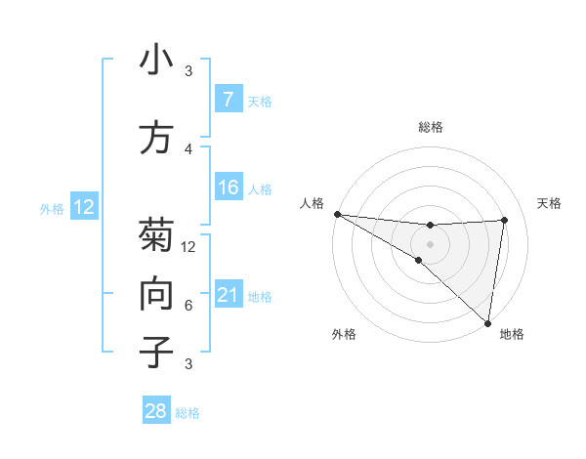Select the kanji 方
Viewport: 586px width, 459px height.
pos(156,139)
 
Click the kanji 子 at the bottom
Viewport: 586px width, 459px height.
pos(156,352)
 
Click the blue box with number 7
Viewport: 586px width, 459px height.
pos(228,99)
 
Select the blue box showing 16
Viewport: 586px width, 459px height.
pos(228,188)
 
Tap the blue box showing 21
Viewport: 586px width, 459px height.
pos(228,295)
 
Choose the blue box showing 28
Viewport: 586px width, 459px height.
pos(156,411)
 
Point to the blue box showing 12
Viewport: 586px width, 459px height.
pos(83,207)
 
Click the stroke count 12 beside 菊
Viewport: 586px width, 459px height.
pos(189,247)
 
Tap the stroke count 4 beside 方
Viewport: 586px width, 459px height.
pos(188,148)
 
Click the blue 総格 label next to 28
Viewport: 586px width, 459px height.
pos(188,413)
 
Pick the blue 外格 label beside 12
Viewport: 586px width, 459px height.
pos(52,208)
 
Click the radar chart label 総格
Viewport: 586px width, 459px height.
pos(430,127)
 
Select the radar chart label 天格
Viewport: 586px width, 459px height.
pos(549,203)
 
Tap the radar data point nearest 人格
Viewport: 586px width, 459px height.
pos(337,214)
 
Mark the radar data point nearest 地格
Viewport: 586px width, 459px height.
pos(488,322)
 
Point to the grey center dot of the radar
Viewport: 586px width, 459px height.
pos(430,242)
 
